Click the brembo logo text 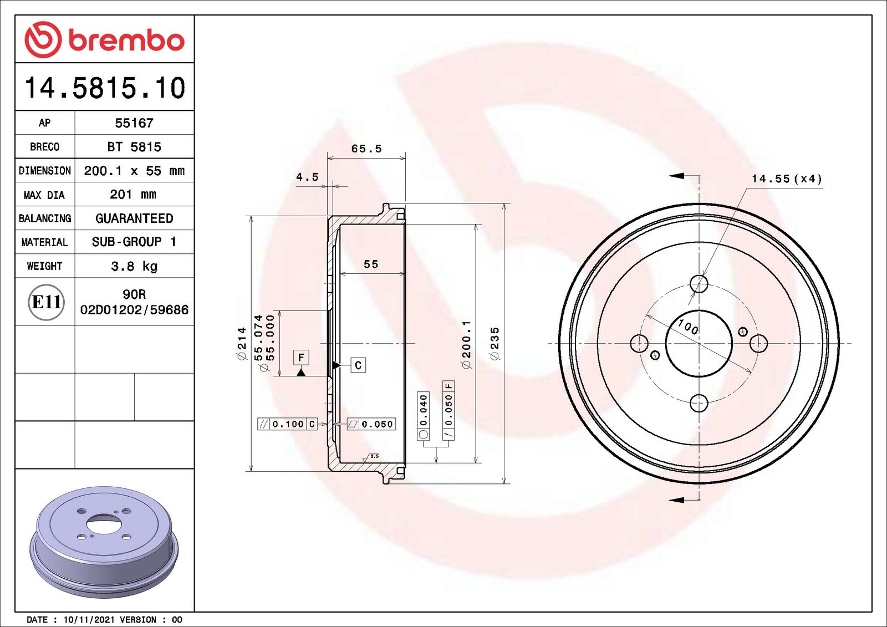coord(126,40)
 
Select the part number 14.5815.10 coord(105,88)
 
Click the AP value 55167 coord(134,123)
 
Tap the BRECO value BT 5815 coord(134,147)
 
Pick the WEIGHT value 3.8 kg coord(134,266)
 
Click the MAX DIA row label coord(44,195)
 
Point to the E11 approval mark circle coord(46,302)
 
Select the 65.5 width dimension coord(366,149)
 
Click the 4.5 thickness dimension coord(307,177)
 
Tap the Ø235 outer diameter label coord(495,344)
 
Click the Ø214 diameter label coord(242,344)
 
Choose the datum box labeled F coord(301,358)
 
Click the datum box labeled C coord(358,365)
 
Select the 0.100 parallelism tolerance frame coord(287,424)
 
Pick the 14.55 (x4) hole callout coord(786,179)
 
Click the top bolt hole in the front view coord(699,284)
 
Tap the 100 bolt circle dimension coord(688,327)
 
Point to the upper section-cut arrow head coord(676,176)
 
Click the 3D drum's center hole coord(104,524)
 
